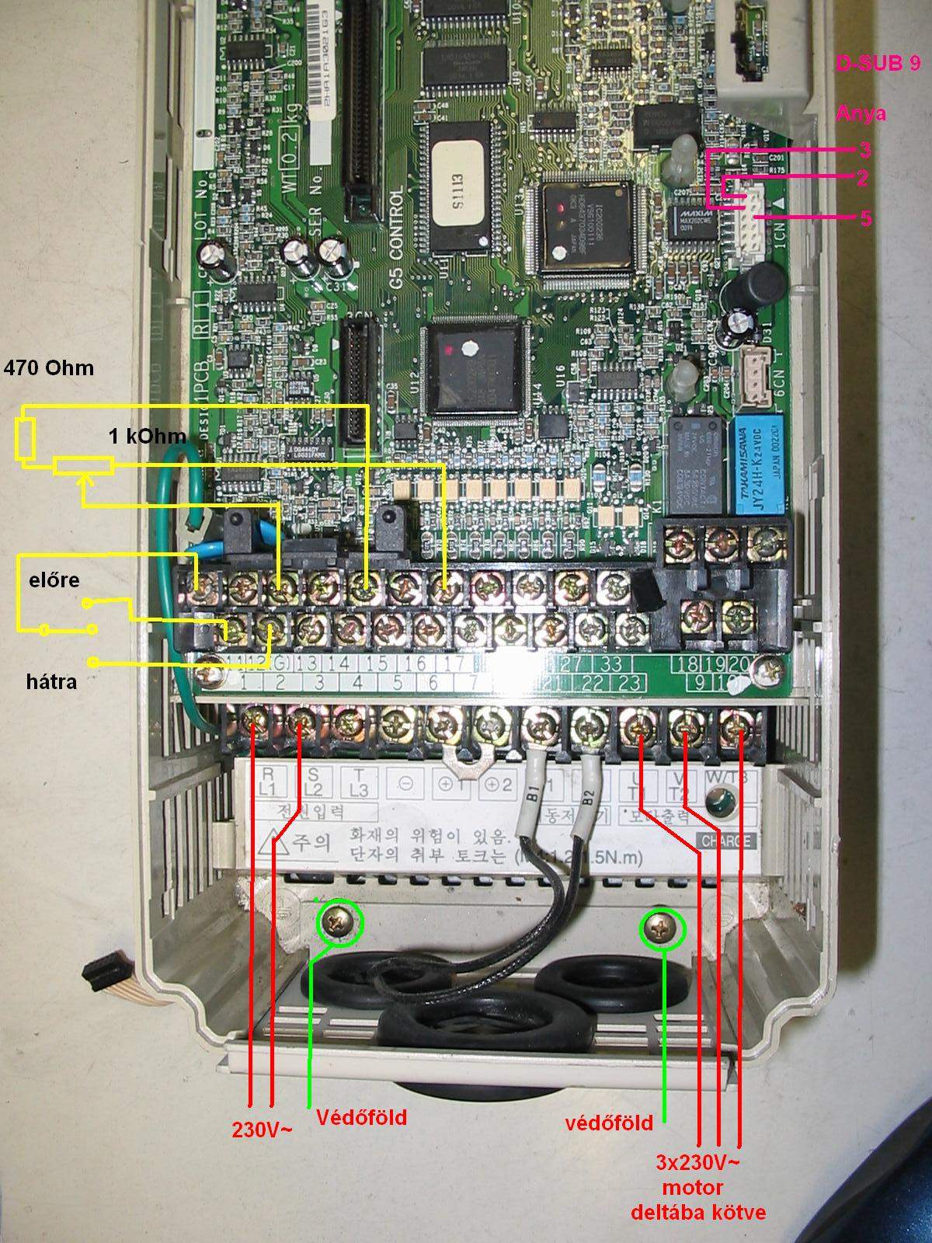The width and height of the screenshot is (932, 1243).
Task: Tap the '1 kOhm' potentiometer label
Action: [147, 437]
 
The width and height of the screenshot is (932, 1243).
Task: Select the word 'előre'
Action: [54, 580]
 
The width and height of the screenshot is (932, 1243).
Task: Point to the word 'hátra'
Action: [51, 682]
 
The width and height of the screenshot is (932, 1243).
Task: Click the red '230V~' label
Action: [263, 1129]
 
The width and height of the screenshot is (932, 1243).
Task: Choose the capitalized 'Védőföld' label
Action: [361, 1117]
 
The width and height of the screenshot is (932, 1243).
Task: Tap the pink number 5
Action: [865, 218]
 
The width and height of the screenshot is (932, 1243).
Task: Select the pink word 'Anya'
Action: [861, 113]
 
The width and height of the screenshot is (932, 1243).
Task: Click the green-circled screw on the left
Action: [340, 922]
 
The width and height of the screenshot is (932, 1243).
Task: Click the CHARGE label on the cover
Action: [725, 841]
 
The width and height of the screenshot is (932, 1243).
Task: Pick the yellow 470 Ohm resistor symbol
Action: [24, 440]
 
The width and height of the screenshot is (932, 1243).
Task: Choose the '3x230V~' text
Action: [697, 1163]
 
